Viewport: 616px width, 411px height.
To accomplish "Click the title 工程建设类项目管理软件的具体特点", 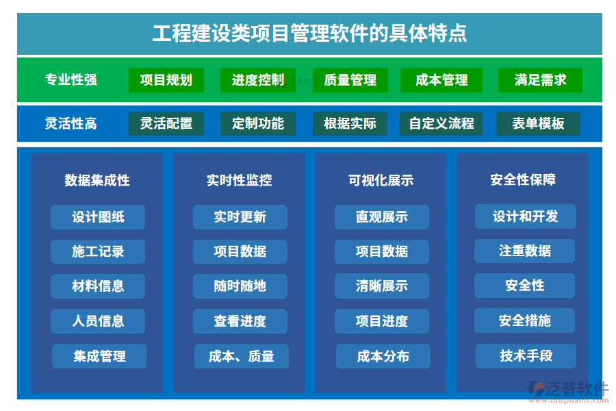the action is click(309, 33).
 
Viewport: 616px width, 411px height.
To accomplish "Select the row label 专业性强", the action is click(70, 80).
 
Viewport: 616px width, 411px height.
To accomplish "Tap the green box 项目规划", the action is click(166, 80).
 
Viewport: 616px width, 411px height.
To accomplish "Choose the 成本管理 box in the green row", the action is click(441, 80).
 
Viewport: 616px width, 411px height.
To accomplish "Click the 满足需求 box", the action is click(540, 80).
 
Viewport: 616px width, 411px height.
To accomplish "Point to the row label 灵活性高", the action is click(70, 123).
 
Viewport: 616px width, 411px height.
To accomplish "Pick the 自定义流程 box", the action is click(441, 123).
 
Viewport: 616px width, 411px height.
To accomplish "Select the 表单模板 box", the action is click(538, 123).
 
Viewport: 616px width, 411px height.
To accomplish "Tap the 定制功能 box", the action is click(258, 123).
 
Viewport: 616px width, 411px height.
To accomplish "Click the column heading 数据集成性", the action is click(97, 180).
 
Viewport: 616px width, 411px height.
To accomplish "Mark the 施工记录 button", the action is click(98, 251).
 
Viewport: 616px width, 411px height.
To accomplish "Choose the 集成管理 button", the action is click(99, 356).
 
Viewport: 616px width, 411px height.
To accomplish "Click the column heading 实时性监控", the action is click(240, 180).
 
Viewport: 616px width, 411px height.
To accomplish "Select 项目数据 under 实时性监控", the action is click(240, 251).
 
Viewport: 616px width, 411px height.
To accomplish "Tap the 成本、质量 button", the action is click(242, 356).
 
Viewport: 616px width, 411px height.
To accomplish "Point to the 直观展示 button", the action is click(382, 216).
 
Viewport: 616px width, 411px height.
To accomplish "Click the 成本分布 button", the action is click(383, 356).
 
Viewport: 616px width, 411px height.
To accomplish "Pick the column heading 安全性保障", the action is click(523, 179).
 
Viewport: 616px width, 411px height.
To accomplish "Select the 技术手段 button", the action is click(526, 356).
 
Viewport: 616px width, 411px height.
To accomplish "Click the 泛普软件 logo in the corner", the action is click(568, 391).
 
